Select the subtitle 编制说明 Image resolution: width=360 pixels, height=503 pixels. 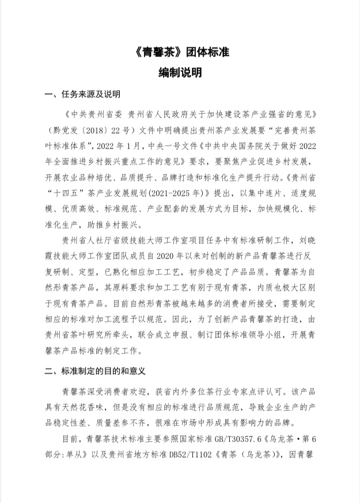click(x=180, y=73)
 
